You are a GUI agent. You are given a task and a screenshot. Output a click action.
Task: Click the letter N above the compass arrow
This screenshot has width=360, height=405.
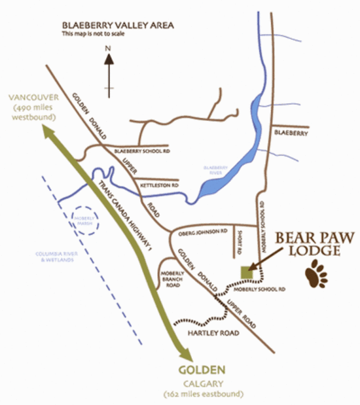(x=110, y=46)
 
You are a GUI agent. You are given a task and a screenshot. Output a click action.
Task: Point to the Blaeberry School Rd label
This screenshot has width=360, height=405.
(x=142, y=151)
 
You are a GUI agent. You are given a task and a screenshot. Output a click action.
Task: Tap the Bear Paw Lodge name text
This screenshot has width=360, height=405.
(x=305, y=242)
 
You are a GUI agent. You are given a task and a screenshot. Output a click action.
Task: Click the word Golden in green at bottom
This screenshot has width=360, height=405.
(x=202, y=369)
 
